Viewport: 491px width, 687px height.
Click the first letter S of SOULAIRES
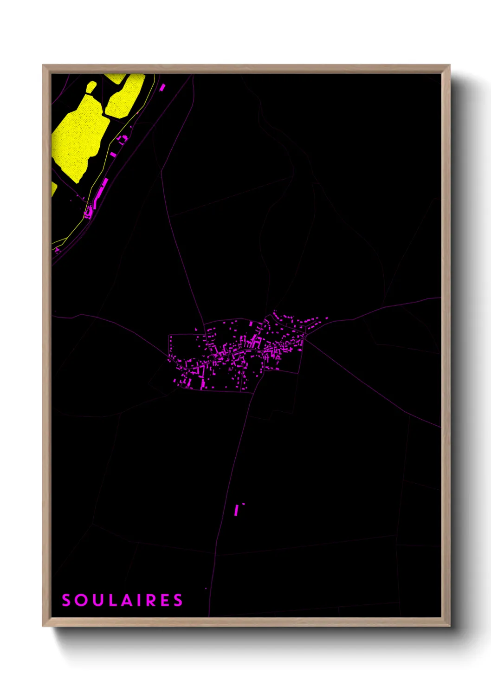66,600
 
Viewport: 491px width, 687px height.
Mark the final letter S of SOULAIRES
178,600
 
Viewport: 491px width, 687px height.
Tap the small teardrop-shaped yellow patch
90,87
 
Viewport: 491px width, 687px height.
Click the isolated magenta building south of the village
237,510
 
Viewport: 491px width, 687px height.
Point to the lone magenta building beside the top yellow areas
162,87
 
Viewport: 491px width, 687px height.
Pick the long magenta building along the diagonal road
101,190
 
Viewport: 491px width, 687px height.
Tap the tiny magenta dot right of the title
206,589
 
